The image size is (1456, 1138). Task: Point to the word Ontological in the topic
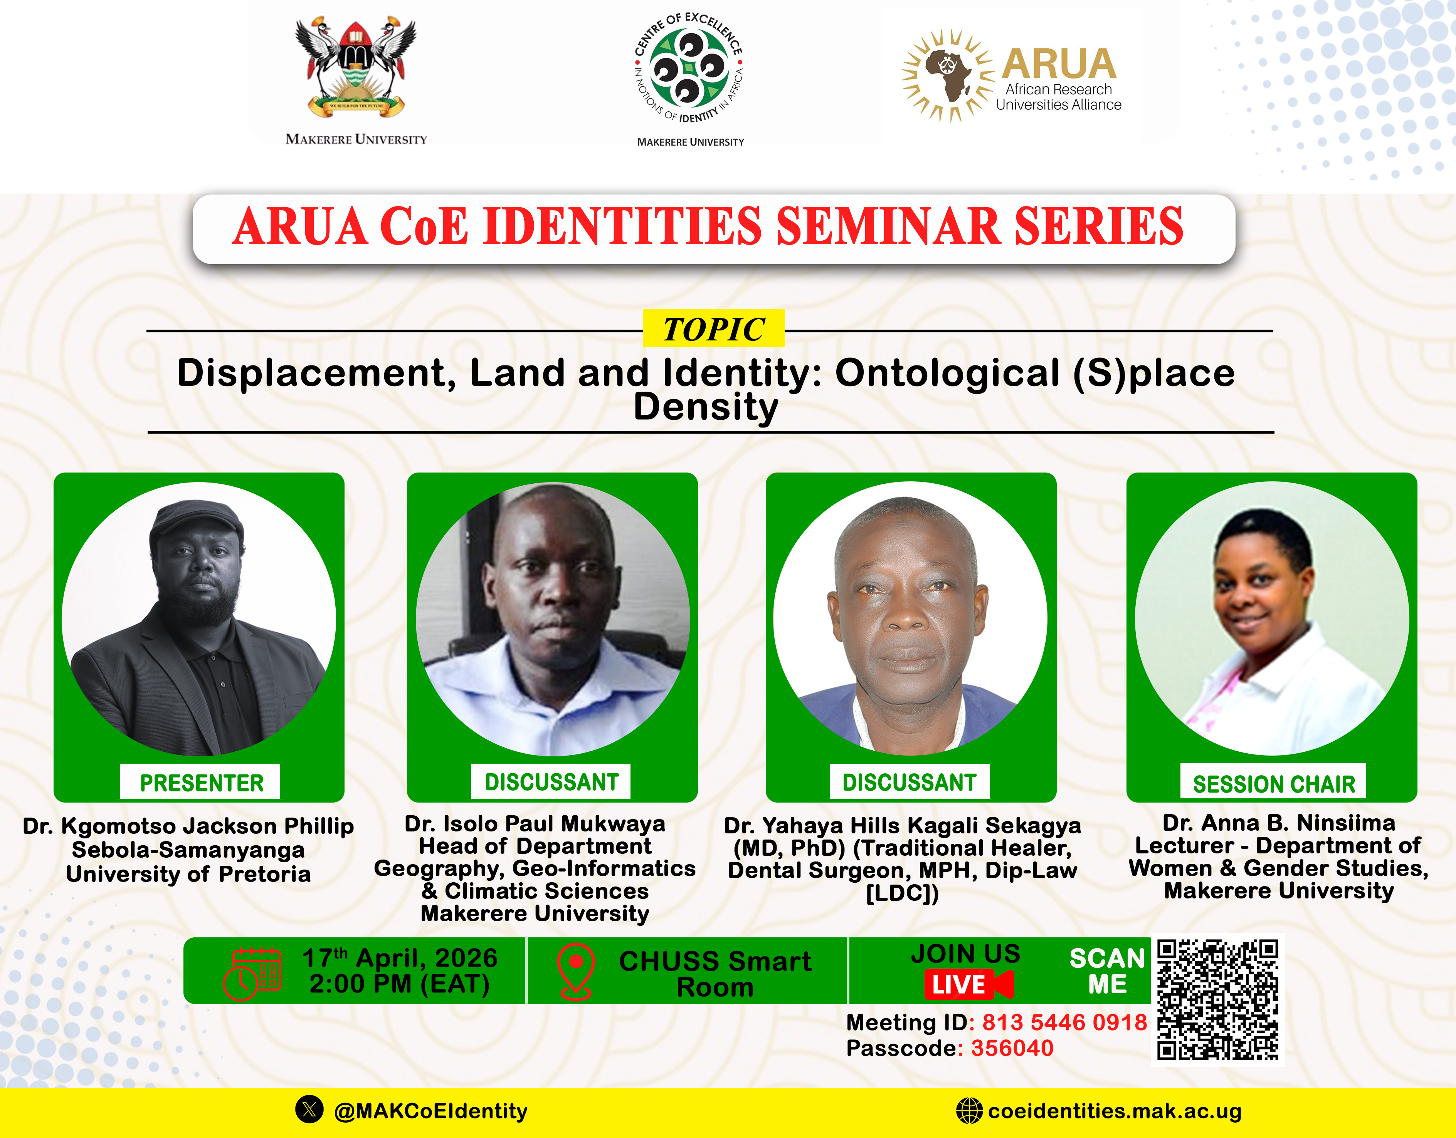click(947, 373)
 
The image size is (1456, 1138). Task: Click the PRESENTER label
click(201, 782)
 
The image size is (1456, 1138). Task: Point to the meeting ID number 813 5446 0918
click(1064, 1022)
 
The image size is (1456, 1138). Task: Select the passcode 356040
click(1012, 1048)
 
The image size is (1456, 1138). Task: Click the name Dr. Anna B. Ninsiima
click(1278, 823)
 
